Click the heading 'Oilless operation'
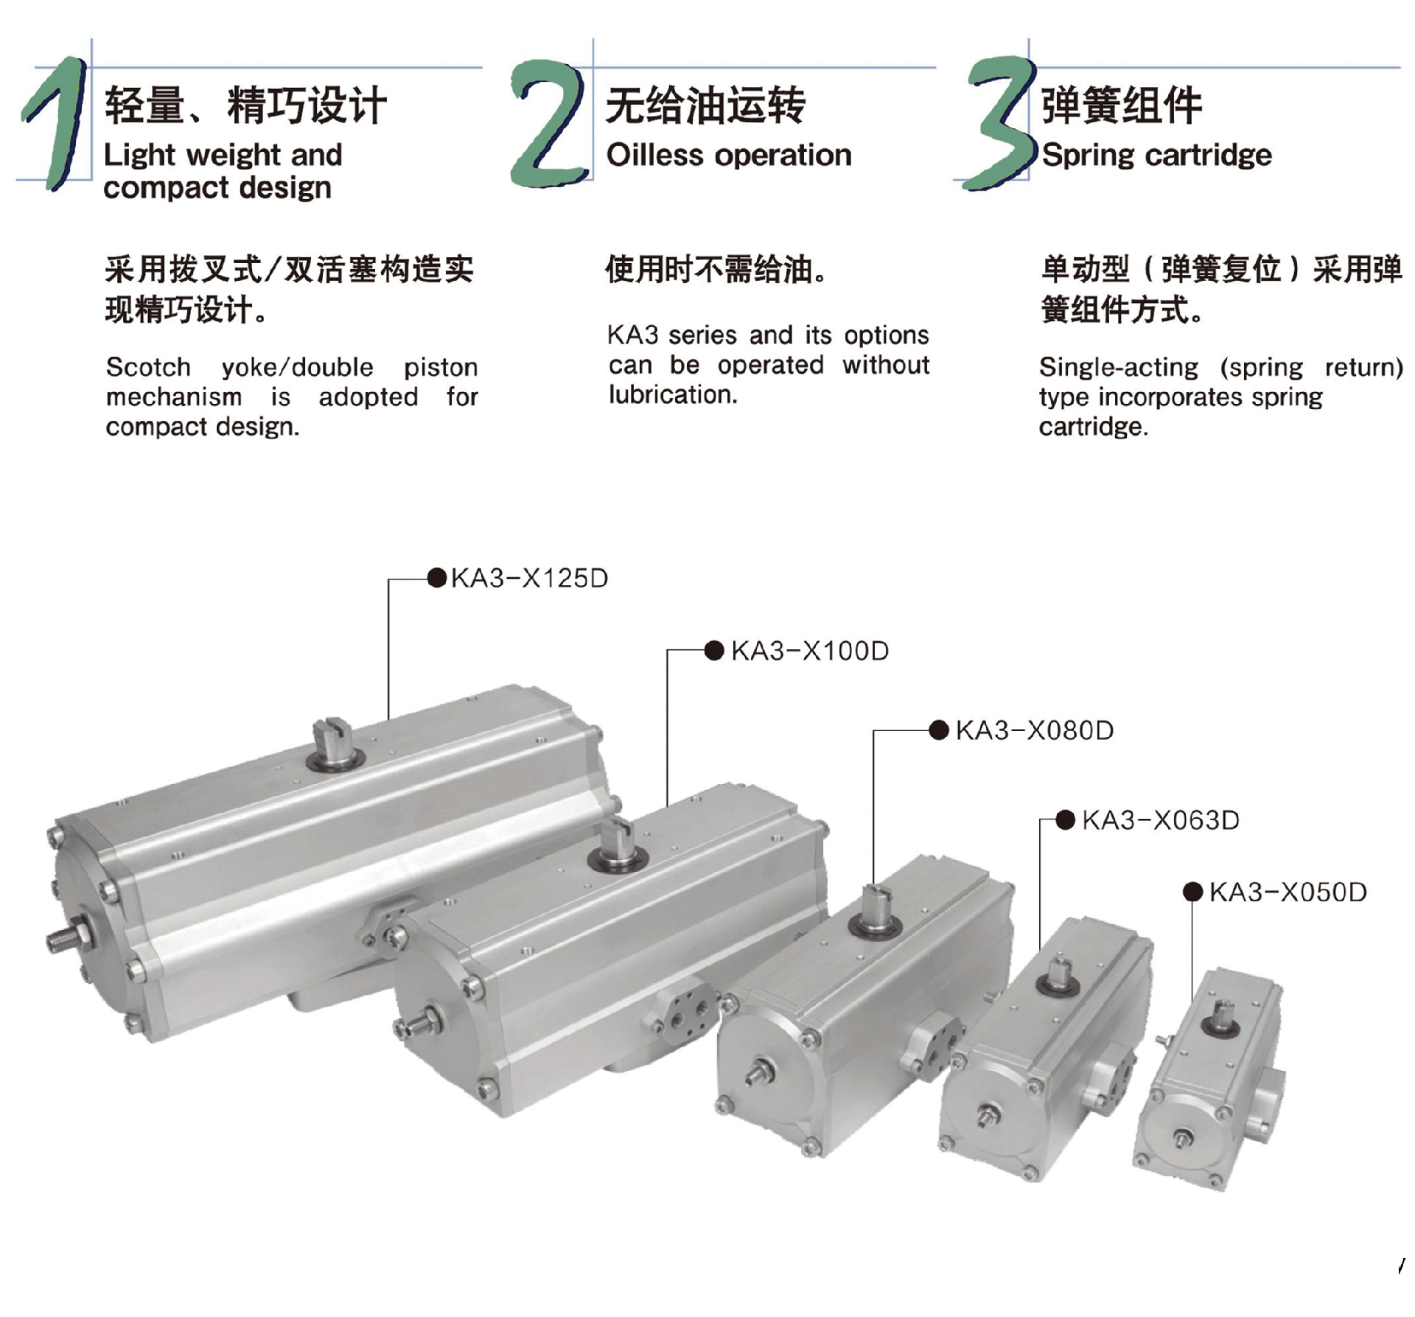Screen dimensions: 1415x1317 pos(729,156)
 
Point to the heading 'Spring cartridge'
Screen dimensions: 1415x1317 pos(1156,156)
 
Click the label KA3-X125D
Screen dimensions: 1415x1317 pos(529,579)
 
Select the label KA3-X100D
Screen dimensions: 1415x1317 pos(810,651)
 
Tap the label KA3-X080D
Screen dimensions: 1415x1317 pos(1035,731)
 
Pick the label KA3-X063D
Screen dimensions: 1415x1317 pos(1161,820)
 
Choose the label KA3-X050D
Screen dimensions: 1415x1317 pos(1288,892)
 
